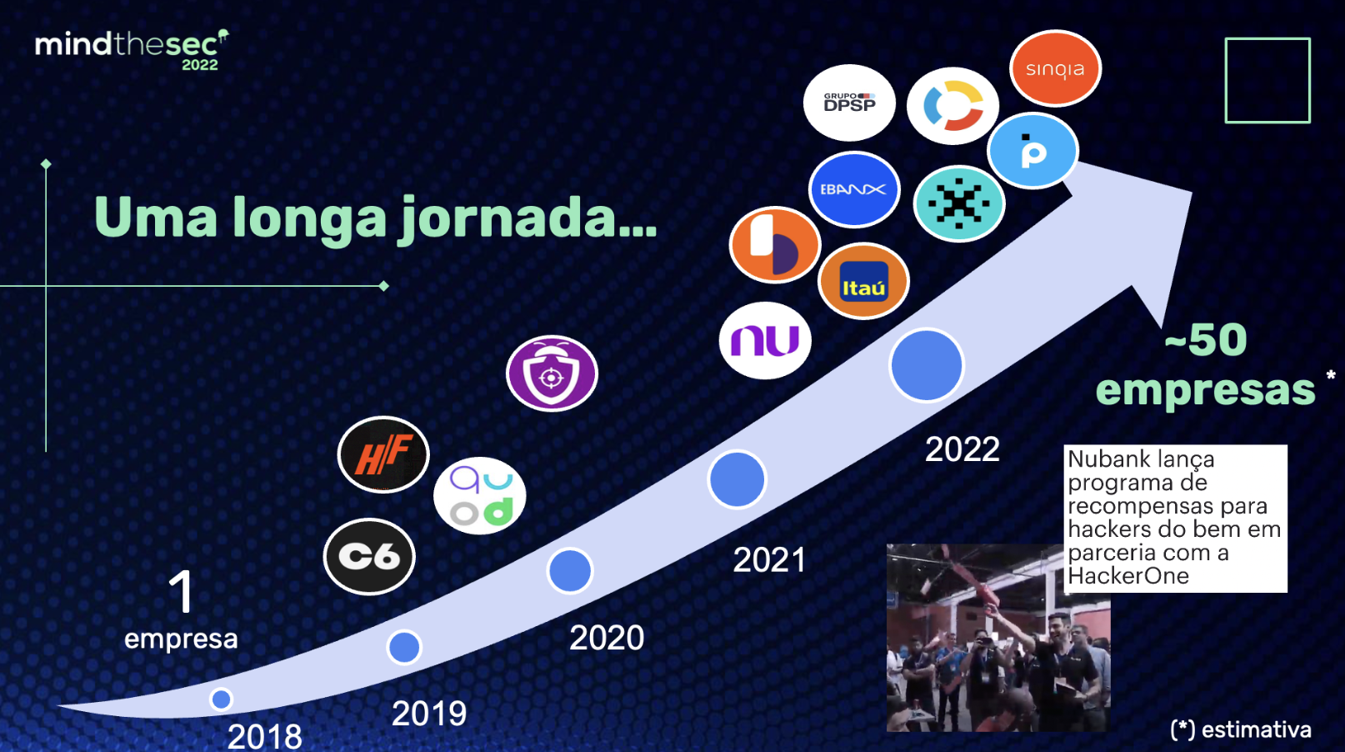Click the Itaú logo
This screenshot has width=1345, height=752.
click(863, 281)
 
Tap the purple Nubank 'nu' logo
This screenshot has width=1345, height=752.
click(765, 340)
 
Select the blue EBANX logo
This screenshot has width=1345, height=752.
click(854, 189)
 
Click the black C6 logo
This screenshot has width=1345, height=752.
click(369, 557)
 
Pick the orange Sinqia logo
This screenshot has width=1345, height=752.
click(1055, 68)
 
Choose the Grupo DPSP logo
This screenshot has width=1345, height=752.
click(849, 103)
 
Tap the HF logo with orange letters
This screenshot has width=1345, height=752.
click(383, 454)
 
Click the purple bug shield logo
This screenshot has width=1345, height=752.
click(552, 373)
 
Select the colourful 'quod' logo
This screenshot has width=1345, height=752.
click(479, 495)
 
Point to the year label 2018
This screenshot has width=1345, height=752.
click(265, 736)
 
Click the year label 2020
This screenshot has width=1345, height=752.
click(607, 638)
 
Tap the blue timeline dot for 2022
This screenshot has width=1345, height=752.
click(927, 364)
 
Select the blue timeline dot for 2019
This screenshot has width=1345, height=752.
click(404, 648)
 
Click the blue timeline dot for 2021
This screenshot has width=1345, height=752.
click(737, 479)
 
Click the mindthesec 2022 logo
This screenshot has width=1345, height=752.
click(132, 50)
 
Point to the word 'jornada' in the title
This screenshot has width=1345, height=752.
click(528, 219)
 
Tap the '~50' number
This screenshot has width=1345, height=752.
click(1206, 340)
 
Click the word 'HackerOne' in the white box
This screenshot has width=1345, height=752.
click(1128, 576)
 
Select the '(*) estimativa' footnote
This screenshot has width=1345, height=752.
click(1241, 729)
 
